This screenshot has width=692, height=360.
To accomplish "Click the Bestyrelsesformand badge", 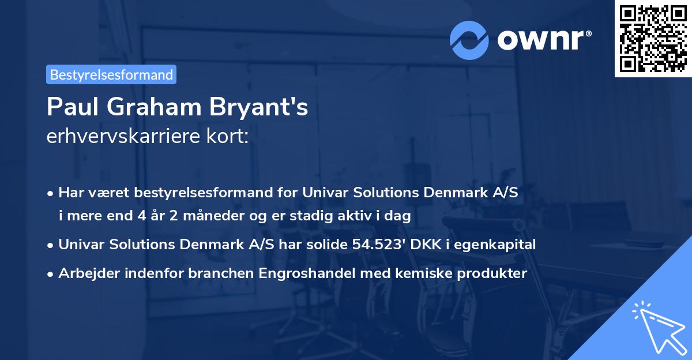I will pos(111,74).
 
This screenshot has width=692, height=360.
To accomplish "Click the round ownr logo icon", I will pos(469,39).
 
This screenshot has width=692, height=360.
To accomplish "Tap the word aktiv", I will pos(374,216).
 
